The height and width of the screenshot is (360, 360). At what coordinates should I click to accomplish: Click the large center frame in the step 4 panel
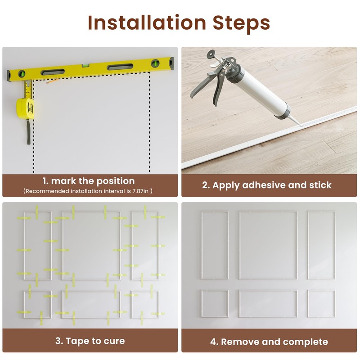point(268,245)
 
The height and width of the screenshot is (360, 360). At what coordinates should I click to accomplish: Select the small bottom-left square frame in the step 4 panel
point(215,304)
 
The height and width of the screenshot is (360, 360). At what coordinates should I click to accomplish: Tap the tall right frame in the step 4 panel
point(321,245)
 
